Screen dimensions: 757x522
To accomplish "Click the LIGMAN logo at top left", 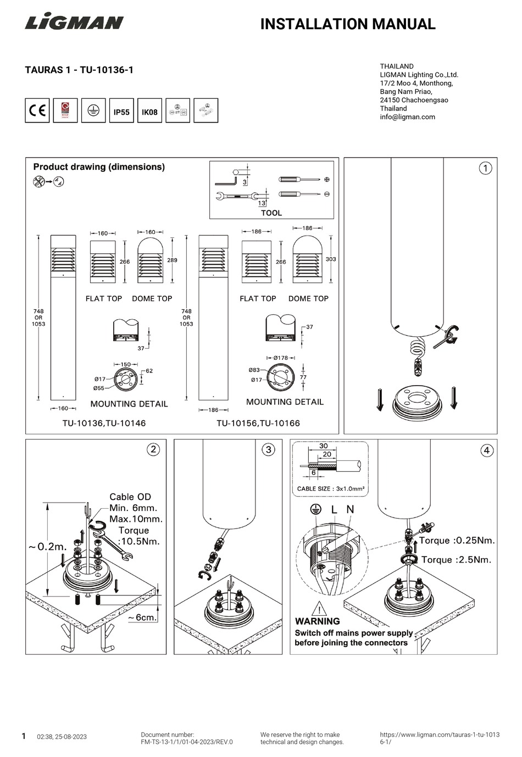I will tap(74, 23).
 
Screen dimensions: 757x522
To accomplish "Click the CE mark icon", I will tap(37, 111).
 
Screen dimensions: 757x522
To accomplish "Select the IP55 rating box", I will tap(121, 112).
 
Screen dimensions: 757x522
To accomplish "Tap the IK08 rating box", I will tap(149, 112).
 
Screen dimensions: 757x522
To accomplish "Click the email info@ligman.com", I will tap(407, 117).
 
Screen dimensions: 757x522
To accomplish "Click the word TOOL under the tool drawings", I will tap(271, 213).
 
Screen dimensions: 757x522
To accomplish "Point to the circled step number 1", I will tap(485, 168).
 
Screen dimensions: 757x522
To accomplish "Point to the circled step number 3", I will tap(268, 450).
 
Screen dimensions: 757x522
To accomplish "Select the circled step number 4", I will tap(486, 451).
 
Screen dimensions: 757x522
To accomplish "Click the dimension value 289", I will tap(172, 260).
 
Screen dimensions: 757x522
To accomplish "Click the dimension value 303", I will tap(331, 259).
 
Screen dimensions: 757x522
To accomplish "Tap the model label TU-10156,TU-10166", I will tap(258, 423).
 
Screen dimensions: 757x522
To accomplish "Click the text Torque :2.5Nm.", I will tap(456, 560).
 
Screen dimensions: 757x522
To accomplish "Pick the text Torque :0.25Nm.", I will tap(457, 541).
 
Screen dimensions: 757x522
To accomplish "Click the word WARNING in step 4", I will tap(317, 621).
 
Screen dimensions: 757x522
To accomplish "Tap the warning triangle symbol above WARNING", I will tap(319, 609).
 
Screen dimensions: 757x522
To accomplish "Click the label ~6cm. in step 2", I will tap(142, 617).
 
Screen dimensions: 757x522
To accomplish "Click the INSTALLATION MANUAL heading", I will tap(347, 24).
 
